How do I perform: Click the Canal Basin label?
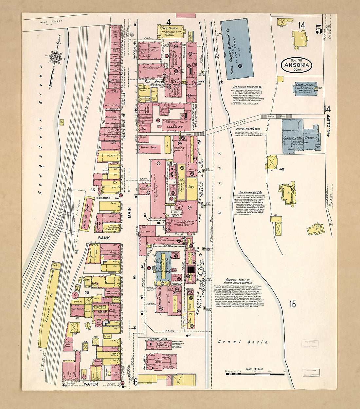[x=243, y=342]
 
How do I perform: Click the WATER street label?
[x=91, y=384]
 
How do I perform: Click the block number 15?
[x=292, y=304]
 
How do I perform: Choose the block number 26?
[x=87, y=293]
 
